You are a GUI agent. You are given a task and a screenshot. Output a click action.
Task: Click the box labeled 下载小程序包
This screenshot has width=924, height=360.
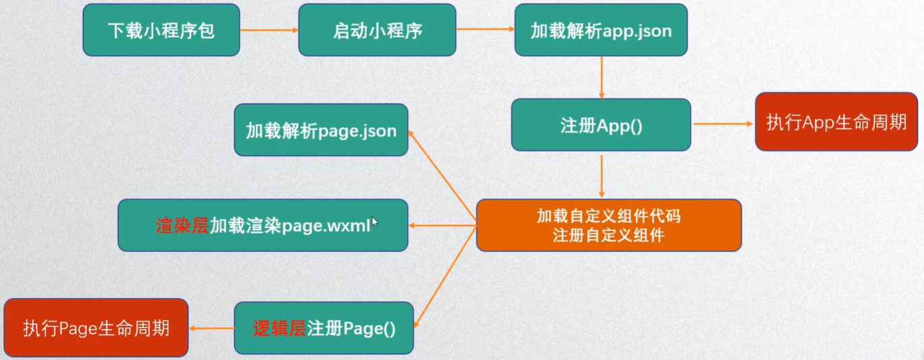[161, 30]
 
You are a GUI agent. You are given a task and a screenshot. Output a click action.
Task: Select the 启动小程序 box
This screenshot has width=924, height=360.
[378, 30]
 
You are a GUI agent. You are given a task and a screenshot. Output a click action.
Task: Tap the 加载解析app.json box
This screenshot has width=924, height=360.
[600, 30]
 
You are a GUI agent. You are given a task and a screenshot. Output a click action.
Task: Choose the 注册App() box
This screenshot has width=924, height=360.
[600, 125]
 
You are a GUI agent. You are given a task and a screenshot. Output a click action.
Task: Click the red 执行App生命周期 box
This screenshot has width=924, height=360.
[836, 122]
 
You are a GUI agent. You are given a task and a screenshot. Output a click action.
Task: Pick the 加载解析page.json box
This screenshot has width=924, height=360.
[321, 130]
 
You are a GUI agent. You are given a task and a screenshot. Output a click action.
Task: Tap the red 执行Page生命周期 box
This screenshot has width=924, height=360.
[96, 328]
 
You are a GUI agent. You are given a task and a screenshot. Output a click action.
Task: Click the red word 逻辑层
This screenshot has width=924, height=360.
[279, 329]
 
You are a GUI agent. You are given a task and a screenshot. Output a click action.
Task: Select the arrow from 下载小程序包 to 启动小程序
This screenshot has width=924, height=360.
[269, 30]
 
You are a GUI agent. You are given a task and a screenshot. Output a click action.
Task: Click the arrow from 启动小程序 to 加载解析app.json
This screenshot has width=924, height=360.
[484, 30]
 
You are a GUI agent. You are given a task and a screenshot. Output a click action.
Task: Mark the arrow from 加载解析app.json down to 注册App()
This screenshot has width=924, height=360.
[600, 77]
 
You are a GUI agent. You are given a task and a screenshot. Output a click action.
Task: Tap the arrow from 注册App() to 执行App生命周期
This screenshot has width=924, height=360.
[722, 124]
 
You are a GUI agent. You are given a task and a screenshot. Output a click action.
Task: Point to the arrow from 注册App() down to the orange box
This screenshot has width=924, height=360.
[600, 175]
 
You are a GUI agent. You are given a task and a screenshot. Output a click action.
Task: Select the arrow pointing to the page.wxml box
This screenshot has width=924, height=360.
[443, 226]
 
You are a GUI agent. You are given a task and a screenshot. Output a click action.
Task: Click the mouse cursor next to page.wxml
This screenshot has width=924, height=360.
[375, 222]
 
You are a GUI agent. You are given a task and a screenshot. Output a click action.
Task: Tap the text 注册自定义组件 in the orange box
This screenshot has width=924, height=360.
[609, 236]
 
